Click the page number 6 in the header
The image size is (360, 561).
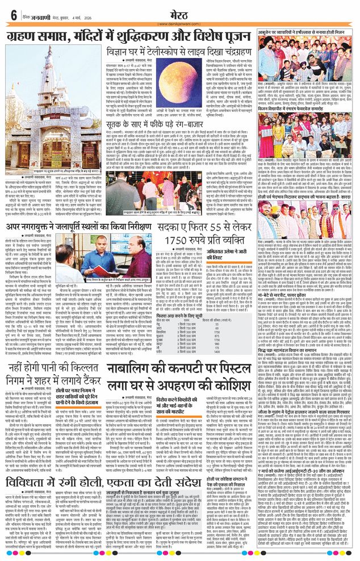12,15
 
